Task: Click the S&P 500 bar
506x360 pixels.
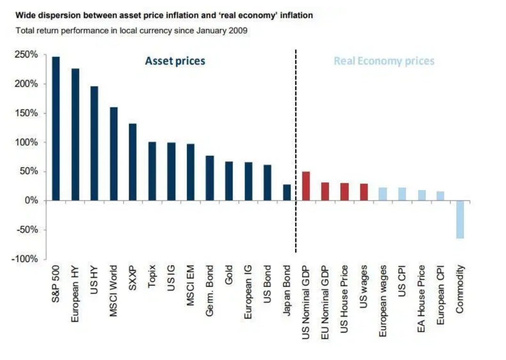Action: pos(56,129)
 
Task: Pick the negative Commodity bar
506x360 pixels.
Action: pos(460,220)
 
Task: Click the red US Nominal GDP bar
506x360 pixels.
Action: pos(306,186)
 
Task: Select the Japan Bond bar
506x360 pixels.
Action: pos(286,192)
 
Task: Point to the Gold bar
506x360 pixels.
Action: pos(229,181)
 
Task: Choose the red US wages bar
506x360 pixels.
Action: pos(364,192)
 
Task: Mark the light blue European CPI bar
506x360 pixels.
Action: pos(441,196)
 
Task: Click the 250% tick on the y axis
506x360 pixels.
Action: pos(27,55)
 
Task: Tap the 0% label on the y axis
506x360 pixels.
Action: pos(31,201)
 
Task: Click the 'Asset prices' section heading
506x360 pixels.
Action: pos(175,61)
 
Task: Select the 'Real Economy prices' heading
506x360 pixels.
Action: pos(384,61)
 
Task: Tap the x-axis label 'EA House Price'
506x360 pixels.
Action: pos(422,298)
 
